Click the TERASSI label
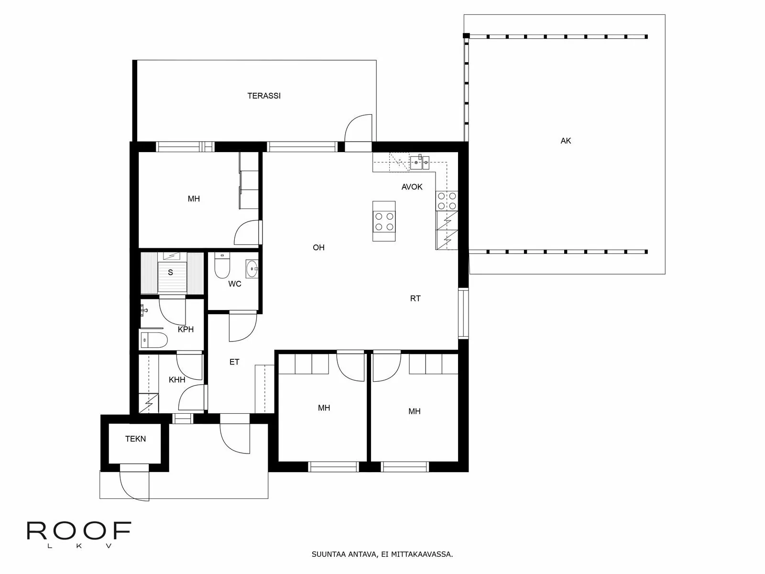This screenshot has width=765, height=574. (264, 96)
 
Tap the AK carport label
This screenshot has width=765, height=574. (566, 141)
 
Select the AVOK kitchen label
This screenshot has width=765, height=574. (412, 187)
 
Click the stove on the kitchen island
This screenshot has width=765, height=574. (384, 221)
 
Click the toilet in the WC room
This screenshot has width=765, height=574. (222, 266)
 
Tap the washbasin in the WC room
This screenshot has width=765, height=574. (251, 269)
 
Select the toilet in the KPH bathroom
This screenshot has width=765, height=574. (154, 340)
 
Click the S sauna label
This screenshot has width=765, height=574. (170, 273)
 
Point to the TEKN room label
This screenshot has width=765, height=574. (135, 439)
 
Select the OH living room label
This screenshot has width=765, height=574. (318, 247)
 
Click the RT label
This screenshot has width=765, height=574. (415, 298)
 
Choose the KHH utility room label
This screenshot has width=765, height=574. (177, 380)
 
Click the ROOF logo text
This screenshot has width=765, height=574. (79, 531)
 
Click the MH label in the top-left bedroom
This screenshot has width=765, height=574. (194, 199)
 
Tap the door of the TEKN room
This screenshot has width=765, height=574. (134, 483)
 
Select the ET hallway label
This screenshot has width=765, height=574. (234, 362)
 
